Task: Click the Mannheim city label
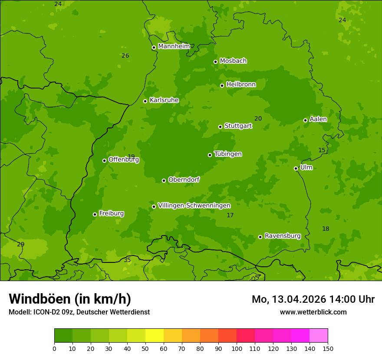pyautogui.click(x=174, y=46)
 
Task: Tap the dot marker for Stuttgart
pyautogui.click(x=220, y=127)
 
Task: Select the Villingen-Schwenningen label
pyautogui.click(x=194, y=206)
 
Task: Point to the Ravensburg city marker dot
pyautogui.click(x=260, y=237)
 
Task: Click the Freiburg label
pyautogui.click(x=112, y=213)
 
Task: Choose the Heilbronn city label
pyautogui.click(x=241, y=85)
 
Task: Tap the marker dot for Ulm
pyautogui.click(x=296, y=168)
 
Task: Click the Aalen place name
pyautogui.click(x=318, y=119)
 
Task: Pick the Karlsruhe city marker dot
pyautogui.click(x=145, y=101)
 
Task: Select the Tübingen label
pyautogui.click(x=228, y=154)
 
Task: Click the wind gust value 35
pyautogui.click(x=127, y=260)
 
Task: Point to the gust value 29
pyautogui.click(x=21, y=244)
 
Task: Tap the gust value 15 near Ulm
pyautogui.click(x=322, y=150)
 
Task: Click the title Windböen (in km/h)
pyautogui.click(x=70, y=299)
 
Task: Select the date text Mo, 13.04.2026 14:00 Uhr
pyautogui.click(x=313, y=299)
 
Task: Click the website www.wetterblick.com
pyautogui.click(x=313, y=312)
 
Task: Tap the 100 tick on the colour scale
pyautogui.click(x=237, y=348)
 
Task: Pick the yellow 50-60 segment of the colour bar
pyautogui.click(x=155, y=336)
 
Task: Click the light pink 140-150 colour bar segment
pyautogui.click(x=319, y=336)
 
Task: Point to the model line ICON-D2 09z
pyautogui.click(x=79, y=312)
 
